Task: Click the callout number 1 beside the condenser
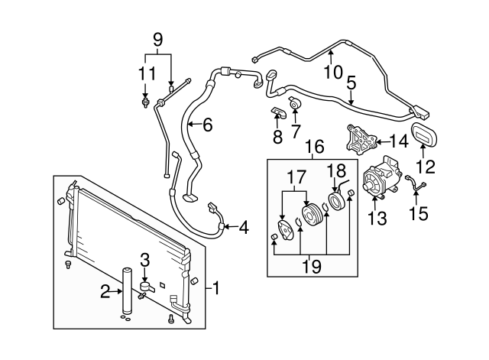click(216, 288)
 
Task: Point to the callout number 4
click(244, 227)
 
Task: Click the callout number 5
click(351, 82)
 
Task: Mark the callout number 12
click(425, 165)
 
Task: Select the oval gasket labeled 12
click(423, 135)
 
